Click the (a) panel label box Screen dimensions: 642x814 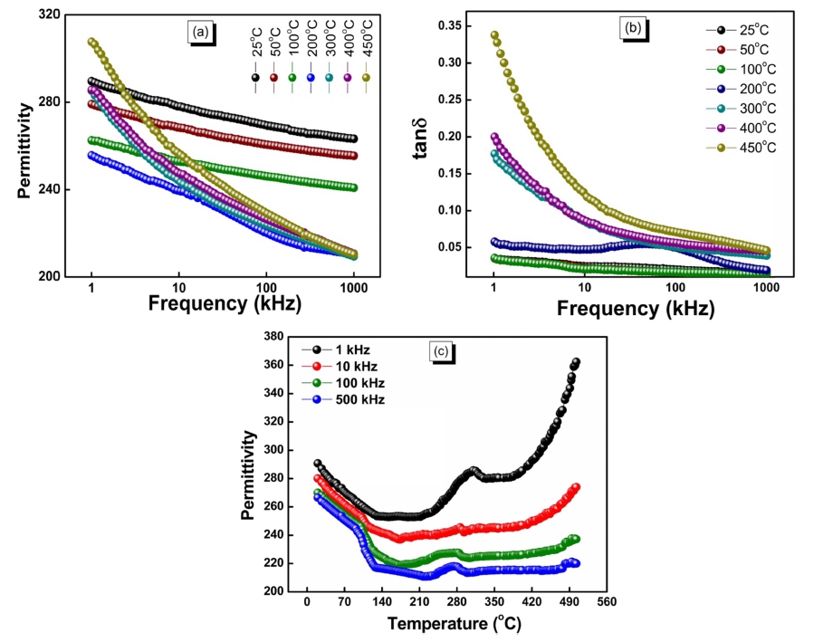(199, 33)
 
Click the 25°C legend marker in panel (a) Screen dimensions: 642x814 (256, 78)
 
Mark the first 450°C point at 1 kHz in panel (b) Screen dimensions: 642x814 (494, 35)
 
